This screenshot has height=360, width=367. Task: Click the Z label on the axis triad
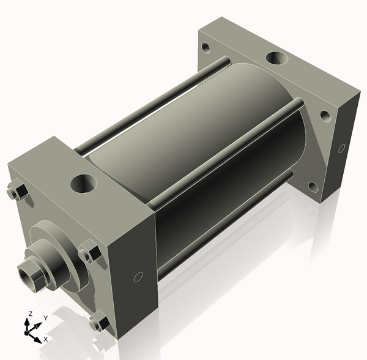[x=30, y=313]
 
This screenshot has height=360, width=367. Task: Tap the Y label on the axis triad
[x=46, y=318]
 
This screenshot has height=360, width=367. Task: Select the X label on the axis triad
[x=46, y=339]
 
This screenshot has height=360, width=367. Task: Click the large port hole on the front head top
[x=84, y=184]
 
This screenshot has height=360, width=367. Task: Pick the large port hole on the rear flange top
[x=277, y=58]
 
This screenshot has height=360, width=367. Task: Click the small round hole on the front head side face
[x=138, y=277]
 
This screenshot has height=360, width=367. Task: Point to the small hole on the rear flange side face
[x=342, y=148]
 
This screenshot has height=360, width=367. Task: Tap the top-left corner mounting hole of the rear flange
[x=206, y=48]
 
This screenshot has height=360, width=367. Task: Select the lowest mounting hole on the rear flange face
[x=313, y=187]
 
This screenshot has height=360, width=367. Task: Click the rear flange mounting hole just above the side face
[x=325, y=116]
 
